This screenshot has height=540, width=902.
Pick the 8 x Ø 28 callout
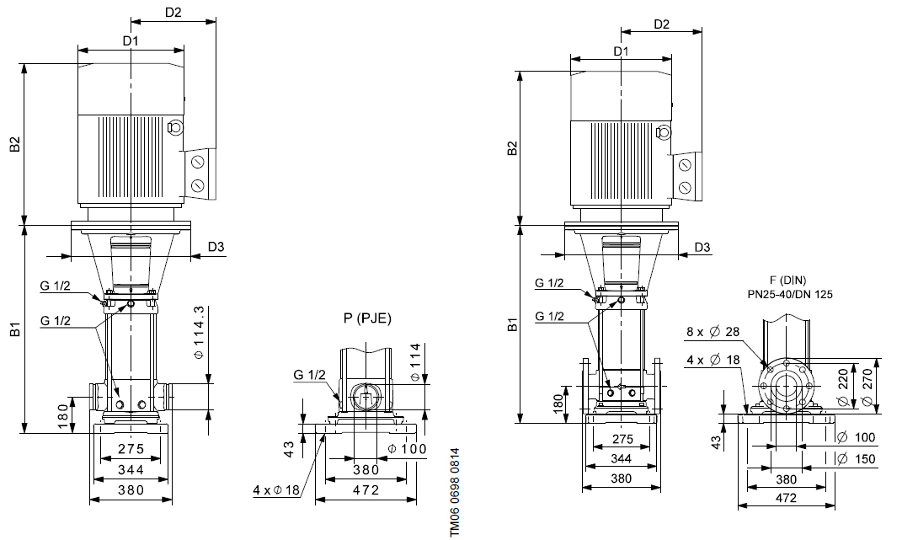713,332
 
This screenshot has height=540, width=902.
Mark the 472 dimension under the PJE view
365,489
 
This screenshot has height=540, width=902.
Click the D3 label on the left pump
216,248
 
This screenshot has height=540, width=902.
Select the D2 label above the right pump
661,24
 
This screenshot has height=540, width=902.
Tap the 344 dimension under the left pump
130,469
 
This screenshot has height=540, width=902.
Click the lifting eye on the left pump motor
175,128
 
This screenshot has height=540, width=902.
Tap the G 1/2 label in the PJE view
309,374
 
